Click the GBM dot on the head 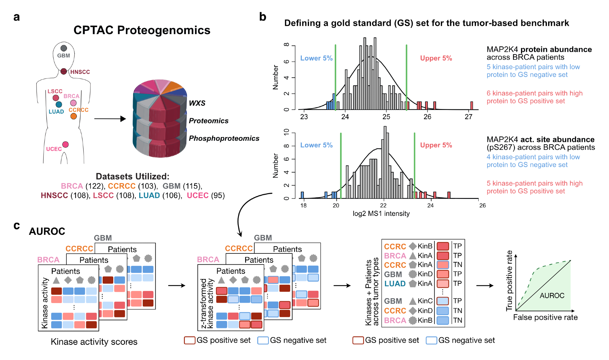(x=64, y=48)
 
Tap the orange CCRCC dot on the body (x=73, y=116)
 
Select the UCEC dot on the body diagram (x=65, y=144)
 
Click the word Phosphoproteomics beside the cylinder (x=224, y=138)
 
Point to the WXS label (x=197, y=103)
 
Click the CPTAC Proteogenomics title (x=142, y=30)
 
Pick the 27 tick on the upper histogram (x=468, y=117)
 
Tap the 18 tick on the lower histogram (x=303, y=205)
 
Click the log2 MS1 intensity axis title (x=381, y=214)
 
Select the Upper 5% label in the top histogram (x=436, y=58)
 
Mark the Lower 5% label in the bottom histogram (x=316, y=145)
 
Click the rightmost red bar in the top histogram (x=471, y=106)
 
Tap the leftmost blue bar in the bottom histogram (x=302, y=195)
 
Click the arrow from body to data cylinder (x=110, y=119)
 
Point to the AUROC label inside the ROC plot (x=552, y=295)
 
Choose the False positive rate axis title (x=545, y=317)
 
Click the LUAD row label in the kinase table (x=395, y=284)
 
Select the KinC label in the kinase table (x=425, y=301)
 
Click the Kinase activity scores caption (x=94, y=342)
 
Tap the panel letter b (x=262, y=17)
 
